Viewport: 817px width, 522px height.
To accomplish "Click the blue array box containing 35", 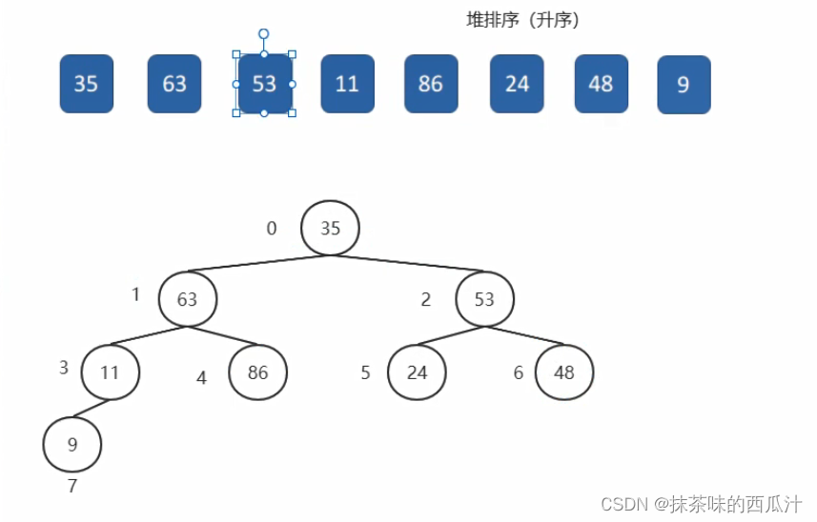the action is (x=87, y=84).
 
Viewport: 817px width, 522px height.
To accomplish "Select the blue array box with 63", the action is (x=174, y=84).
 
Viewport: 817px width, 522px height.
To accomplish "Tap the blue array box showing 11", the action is (x=348, y=84).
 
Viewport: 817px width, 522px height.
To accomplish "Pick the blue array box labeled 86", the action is (x=432, y=84).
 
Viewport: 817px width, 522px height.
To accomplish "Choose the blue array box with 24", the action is (x=517, y=84).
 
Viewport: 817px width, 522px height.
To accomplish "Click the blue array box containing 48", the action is (x=602, y=84).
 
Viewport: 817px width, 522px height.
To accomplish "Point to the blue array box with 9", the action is (x=684, y=85).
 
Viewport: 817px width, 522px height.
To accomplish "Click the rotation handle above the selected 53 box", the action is (x=264, y=34).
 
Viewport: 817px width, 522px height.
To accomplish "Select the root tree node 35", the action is (x=331, y=228).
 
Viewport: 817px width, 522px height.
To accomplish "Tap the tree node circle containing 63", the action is (x=188, y=299).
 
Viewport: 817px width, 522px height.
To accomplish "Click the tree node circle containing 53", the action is (x=484, y=299).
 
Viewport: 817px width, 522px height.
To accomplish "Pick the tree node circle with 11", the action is (x=111, y=372).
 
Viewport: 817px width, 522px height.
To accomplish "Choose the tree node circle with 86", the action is (x=258, y=372).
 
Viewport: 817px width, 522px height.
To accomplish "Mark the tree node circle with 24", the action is (x=417, y=372).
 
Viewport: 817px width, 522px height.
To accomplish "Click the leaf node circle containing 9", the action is (x=72, y=444).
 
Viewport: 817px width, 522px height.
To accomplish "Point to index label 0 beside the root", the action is (x=272, y=228).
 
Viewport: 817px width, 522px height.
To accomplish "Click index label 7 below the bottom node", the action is (x=72, y=486).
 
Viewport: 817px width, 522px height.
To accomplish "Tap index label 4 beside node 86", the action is (x=202, y=377).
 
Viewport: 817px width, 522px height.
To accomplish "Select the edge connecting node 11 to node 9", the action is (x=92, y=408).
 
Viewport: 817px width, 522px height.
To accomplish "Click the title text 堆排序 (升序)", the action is (x=522, y=20).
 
